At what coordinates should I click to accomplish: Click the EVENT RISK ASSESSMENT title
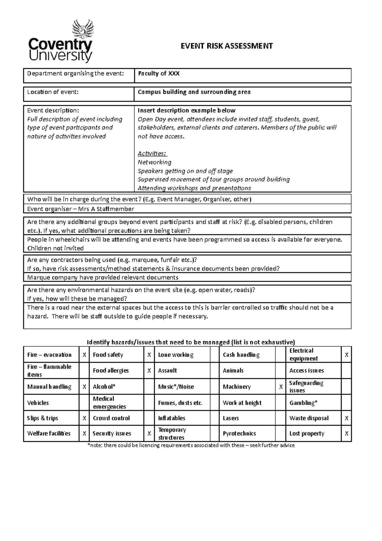(227, 46)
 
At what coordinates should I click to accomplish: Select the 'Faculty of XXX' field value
(159, 74)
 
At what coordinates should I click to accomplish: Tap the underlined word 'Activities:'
(152, 154)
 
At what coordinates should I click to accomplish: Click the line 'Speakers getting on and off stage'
(185, 171)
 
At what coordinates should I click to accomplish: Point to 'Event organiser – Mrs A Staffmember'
(81, 209)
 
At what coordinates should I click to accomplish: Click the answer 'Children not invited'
(55, 248)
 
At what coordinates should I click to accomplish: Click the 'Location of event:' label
(53, 92)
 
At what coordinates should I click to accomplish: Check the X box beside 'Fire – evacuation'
(84, 355)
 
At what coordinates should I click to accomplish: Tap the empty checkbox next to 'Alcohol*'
(149, 387)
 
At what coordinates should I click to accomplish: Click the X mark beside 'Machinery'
(281, 387)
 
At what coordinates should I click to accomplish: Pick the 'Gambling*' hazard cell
(303, 403)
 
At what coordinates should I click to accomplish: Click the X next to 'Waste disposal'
(346, 418)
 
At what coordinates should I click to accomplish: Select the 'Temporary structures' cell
(172, 434)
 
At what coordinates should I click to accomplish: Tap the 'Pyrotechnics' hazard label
(239, 434)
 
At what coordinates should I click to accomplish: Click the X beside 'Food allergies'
(149, 371)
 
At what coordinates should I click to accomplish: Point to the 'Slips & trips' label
(43, 418)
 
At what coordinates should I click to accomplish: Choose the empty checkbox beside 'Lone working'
(215, 355)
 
